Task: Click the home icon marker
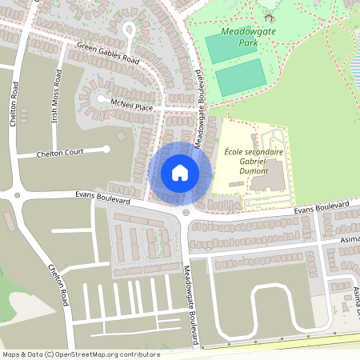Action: point(179,173)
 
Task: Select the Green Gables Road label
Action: point(108,54)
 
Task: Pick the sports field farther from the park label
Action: point(241,78)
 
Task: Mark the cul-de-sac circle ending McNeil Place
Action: point(100,99)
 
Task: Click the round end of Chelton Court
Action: point(106,149)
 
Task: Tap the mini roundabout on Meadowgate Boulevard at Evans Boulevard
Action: point(186,212)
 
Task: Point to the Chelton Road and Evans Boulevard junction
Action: point(16,194)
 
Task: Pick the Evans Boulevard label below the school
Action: point(322,208)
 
